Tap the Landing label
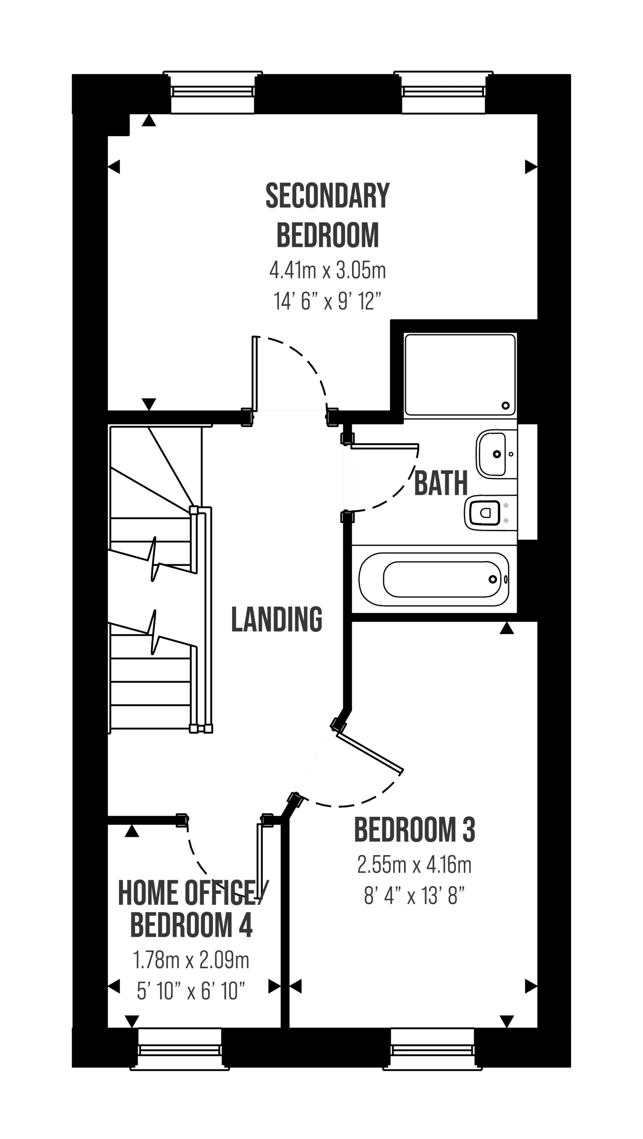click(x=277, y=618)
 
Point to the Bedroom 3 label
click(x=414, y=829)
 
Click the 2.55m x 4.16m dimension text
click(x=414, y=865)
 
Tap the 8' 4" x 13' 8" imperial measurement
click(x=414, y=894)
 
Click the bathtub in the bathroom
click(x=434, y=579)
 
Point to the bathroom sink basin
click(x=497, y=454)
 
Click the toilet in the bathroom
click(x=490, y=513)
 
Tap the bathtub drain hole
click(x=493, y=579)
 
